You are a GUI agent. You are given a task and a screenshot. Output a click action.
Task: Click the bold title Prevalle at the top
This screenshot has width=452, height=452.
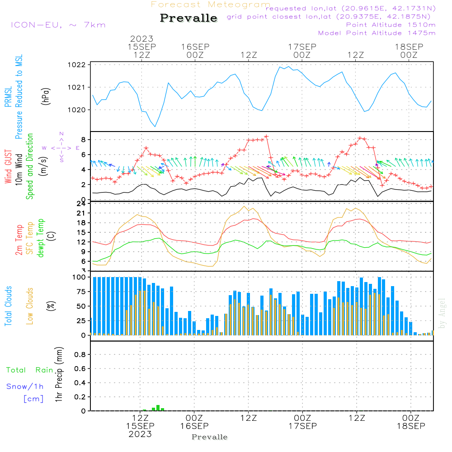(188, 18)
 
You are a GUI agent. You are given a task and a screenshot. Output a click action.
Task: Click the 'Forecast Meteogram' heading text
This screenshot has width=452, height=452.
(211, 5)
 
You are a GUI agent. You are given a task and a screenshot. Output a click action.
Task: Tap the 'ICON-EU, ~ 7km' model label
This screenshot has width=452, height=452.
(58, 25)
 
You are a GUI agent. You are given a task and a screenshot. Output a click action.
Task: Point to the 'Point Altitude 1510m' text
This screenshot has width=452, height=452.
(391, 25)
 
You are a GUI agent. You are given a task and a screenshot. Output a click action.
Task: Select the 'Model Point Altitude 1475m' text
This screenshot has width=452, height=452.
(377, 33)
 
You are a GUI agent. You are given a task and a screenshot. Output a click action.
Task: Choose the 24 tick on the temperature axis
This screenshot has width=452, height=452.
(81, 204)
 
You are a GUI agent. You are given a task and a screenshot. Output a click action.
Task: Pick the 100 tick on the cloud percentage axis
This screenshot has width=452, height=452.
(80, 277)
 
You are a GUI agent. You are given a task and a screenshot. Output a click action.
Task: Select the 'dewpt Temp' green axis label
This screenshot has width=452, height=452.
(41, 238)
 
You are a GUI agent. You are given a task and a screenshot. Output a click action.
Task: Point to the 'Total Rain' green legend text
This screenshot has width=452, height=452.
(30, 370)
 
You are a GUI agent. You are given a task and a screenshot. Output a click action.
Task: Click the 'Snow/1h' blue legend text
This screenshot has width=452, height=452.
(25, 387)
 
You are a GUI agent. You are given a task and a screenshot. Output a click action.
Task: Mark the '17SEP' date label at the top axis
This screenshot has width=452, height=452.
(302, 47)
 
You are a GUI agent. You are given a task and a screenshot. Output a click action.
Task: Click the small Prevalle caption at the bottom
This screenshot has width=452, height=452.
(210, 437)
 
